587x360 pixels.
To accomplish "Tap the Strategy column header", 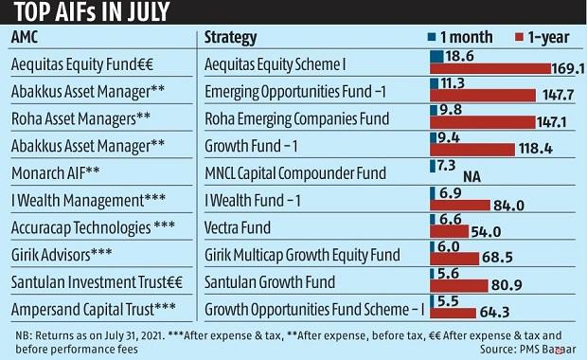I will click(231, 38).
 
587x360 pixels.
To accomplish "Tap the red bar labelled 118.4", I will click(472, 150).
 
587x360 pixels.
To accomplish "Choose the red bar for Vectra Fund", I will click(450, 231).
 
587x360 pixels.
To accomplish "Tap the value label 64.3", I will click(497, 312).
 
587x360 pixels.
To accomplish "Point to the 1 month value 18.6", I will click(461, 57).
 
